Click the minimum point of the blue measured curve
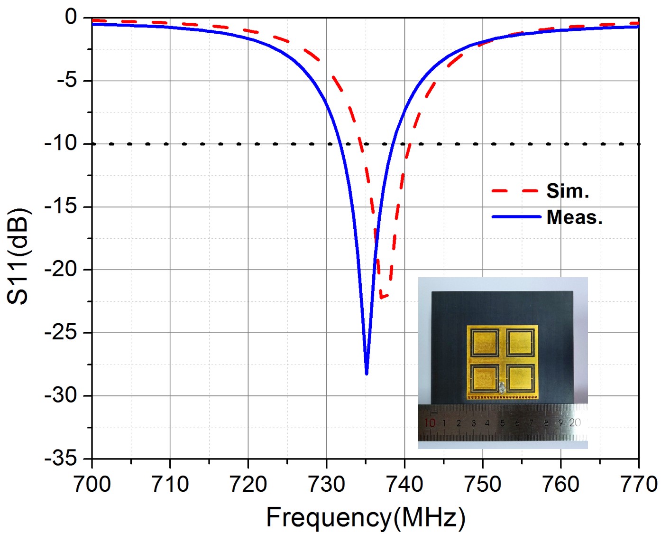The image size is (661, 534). (x=367, y=374)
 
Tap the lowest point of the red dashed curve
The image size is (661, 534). (x=381, y=298)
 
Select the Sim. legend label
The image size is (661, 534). (x=568, y=191)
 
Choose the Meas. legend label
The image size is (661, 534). (x=574, y=217)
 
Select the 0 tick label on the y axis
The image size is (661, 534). (x=71, y=17)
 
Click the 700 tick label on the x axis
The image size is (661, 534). (x=92, y=484)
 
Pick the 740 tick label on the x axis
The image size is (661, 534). (x=404, y=484)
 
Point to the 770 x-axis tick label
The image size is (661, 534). (x=638, y=484)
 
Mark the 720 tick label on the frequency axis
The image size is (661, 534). (x=248, y=484)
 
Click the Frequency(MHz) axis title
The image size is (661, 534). (x=366, y=517)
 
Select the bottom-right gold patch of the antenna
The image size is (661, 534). (x=520, y=378)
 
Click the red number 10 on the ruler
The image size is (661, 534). (x=430, y=422)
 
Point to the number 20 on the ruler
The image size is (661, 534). (x=575, y=422)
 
